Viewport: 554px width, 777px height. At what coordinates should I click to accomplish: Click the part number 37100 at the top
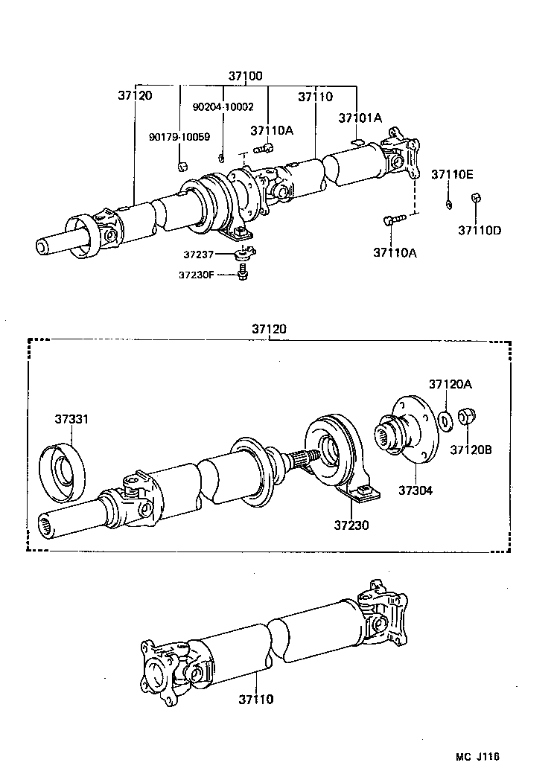245,77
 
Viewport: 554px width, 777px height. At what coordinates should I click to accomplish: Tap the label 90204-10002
222,107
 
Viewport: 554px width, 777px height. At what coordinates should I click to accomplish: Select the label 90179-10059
179,137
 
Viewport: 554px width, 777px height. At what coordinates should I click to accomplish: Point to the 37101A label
360,118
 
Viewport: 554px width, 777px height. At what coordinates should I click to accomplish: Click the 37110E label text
452,175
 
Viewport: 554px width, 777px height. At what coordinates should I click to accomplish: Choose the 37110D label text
480,230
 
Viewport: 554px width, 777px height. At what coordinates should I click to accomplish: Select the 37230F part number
196,275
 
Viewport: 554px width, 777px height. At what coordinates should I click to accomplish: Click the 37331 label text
71,420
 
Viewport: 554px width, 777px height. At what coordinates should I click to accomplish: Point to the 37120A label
450,384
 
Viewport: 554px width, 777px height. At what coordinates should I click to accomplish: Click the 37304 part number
415,490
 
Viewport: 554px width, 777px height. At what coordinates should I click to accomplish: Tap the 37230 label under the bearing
351,525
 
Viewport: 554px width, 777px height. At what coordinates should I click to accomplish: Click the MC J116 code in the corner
477,757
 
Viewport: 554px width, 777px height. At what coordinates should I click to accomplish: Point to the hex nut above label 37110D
477,198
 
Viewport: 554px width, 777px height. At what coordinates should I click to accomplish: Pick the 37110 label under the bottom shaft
256,700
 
